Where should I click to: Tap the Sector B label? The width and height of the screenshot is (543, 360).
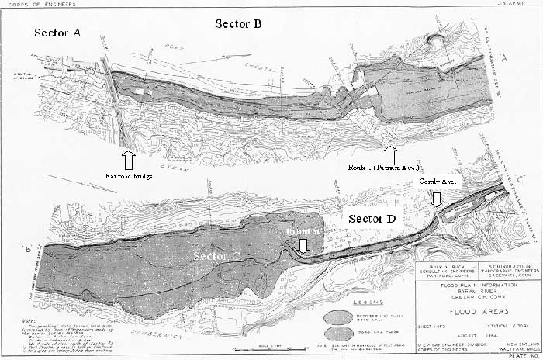click(238, 24)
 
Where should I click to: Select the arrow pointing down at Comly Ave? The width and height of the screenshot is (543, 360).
click(437, 199)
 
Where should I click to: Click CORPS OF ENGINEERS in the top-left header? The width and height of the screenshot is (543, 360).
click(31, 5)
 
